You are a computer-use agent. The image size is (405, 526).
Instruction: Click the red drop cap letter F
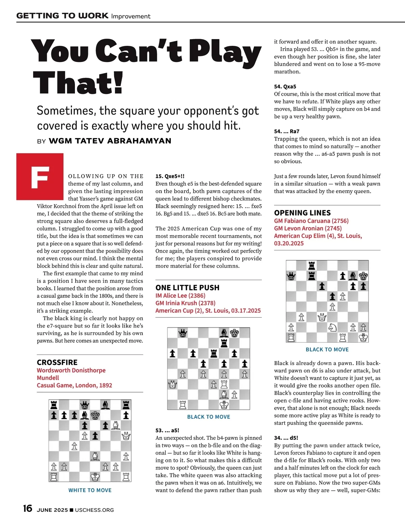coord(40,177)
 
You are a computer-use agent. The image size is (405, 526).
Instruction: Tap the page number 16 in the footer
coord(27,508)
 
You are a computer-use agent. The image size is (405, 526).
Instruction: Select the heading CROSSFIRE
coord(57,362)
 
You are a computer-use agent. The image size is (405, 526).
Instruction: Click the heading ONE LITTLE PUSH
coord(187,287)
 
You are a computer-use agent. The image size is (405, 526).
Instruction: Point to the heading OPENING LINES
coord(302,213)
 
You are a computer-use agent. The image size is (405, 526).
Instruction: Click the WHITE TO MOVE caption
coord(90,490)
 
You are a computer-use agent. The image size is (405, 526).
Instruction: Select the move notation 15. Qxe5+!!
coord(170,176)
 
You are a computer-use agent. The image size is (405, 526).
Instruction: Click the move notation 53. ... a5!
coord(167,430)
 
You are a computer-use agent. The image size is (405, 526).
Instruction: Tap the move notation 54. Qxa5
coord(285,87)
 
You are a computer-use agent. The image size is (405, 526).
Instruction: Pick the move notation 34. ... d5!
coord(286,438)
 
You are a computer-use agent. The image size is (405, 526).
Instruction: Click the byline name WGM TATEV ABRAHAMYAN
coord(110,141)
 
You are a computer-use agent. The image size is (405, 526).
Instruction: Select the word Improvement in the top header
coord(131,16)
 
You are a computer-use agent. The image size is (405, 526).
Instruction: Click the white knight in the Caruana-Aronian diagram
coord(332,327)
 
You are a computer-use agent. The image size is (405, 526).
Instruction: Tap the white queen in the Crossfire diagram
coord(126,436)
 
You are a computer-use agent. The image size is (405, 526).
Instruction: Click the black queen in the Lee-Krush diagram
coord(183,333)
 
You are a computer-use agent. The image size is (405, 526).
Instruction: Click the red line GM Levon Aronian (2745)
coord(308,228)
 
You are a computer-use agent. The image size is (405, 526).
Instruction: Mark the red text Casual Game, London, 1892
coord(74,385)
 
